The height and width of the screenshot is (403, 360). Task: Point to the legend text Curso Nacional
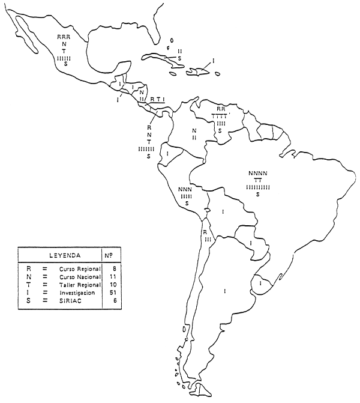(80, 277)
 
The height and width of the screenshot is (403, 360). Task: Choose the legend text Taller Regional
(80, 284)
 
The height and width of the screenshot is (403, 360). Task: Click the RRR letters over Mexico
(64, 37)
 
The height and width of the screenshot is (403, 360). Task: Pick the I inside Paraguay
(250, 243)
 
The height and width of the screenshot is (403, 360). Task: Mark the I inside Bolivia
(223, 212)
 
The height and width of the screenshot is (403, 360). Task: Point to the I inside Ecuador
(168, 155)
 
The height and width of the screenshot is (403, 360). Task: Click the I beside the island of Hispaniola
(214, 61)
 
